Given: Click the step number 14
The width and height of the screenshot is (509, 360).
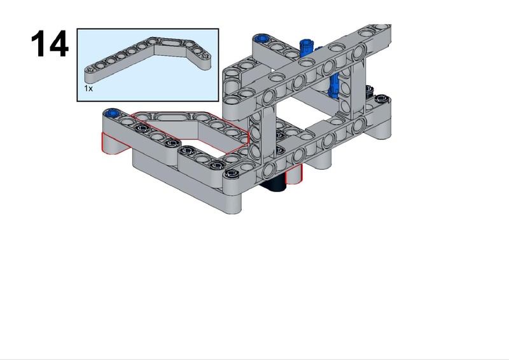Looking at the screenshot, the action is click(50, 43).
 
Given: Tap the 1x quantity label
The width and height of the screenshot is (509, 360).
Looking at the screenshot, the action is click(88, 88).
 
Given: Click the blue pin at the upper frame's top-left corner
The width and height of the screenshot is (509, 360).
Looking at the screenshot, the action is click(261, 39).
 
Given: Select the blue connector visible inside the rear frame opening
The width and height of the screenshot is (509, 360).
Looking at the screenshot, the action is click(333, 85).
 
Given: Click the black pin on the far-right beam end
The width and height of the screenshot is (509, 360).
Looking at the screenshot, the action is click(380, 98).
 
